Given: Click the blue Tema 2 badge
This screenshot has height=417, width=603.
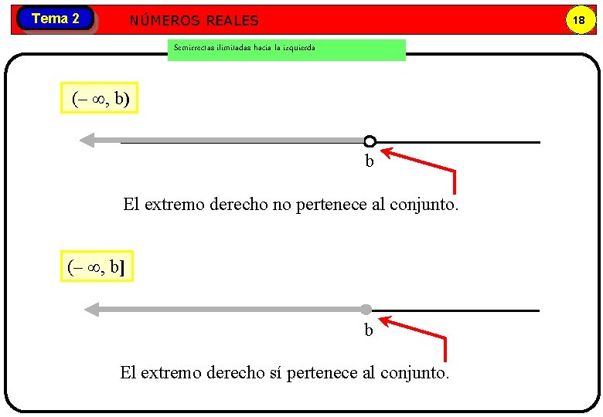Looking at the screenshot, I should click(x=55, y=19).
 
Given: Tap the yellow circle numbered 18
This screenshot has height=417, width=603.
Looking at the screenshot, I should click(x=577, y=20).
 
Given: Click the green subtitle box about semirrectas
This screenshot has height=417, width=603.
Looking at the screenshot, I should click(x=286, y=49).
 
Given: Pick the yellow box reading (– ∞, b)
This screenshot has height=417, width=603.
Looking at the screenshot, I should click(x=100, y=98).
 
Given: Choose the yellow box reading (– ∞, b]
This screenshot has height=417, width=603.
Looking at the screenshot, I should click(x=97, y=266).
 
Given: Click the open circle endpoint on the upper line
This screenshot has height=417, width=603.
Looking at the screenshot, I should click(x=370, y=141).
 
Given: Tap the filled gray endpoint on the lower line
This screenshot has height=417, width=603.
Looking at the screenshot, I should click(x=366, y=310).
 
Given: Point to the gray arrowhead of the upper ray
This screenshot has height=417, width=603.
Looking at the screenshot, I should click(x=87, y=141).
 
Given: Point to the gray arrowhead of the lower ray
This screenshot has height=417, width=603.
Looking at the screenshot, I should click(x=92, y=310).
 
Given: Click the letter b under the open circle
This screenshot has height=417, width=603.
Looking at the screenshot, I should click(x=370, y=161).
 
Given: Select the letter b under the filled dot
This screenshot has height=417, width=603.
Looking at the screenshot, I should click(x=369, y=331).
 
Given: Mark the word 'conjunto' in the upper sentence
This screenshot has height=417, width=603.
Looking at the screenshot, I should click(x=424, y=205).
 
